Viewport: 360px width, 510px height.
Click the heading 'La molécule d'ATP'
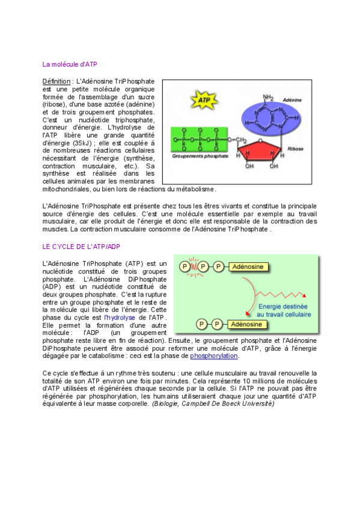tap(70, 64)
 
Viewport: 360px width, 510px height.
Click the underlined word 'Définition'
tap(56, 81)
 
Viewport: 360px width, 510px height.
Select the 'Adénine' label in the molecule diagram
tap(291, 100)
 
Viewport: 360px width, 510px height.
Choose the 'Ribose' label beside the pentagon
tap(296, 147)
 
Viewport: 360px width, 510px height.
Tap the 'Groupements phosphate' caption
tap(200, 156)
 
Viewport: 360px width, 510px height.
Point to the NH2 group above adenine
tap(267, 97)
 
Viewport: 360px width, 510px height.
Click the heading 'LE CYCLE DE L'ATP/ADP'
tap(81, 247)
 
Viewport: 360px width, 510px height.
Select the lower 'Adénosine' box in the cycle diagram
tap(246, 324)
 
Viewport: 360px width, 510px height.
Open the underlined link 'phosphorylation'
tap(214, 356)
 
